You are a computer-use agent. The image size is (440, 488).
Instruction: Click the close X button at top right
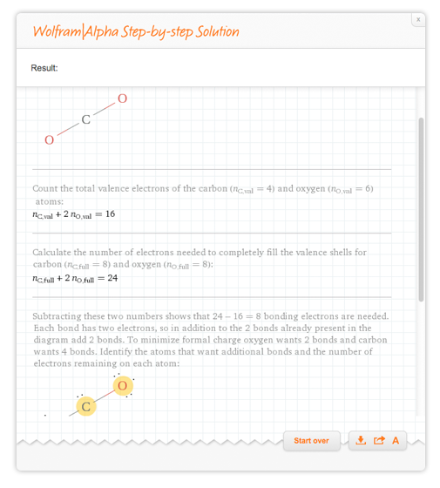click(x=418, y=19)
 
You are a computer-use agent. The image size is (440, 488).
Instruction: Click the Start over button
click(x=312, y=441)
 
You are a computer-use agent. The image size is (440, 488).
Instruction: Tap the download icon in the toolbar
click(x=361, y=440)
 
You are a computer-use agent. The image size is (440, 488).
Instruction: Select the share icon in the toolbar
click(x=379, y=440)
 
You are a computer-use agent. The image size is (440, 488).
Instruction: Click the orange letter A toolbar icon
click(x=396, y=441)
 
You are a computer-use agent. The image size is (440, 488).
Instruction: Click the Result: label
click(x=44, y=68)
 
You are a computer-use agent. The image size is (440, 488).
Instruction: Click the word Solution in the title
click(x=217, y=31)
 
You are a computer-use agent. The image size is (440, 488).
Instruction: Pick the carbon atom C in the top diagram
click(x=86, y=119)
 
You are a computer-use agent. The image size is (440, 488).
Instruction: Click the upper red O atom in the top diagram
click(x=122, y=98)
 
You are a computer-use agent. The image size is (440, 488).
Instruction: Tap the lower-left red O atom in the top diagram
click(x=49, y=140)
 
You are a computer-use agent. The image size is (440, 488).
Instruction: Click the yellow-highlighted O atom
click(x=123, y=386)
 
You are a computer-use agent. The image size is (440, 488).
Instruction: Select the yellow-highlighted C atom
click(x=86, y=406)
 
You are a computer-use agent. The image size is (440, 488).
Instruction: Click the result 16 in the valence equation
click(x=110, y=213)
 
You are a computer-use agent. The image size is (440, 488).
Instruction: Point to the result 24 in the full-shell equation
click(x=112, y=278)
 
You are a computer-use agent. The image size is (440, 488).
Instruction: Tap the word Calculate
click(x=51, y=252)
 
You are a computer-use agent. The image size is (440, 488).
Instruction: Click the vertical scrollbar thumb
click(x=421, y=209)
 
